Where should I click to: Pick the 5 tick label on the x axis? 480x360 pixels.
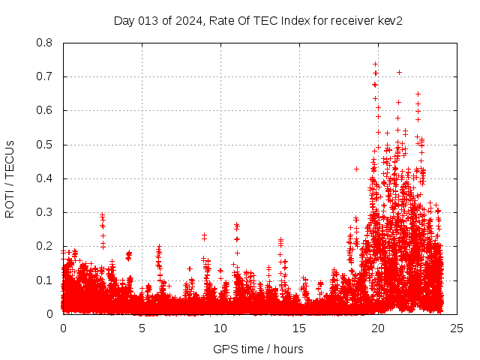142,328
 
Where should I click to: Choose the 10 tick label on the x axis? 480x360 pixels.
220,328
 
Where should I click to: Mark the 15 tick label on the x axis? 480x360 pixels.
299,328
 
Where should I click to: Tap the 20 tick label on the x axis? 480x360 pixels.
378,328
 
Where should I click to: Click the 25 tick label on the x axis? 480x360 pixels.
457,328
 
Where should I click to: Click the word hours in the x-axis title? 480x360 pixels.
289,349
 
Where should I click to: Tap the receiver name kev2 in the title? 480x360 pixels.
390,21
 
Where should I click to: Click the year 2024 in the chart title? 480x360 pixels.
185,21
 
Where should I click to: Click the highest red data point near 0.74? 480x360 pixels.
375,64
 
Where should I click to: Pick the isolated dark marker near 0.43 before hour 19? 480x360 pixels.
357,169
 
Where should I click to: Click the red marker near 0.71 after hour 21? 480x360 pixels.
399,72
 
